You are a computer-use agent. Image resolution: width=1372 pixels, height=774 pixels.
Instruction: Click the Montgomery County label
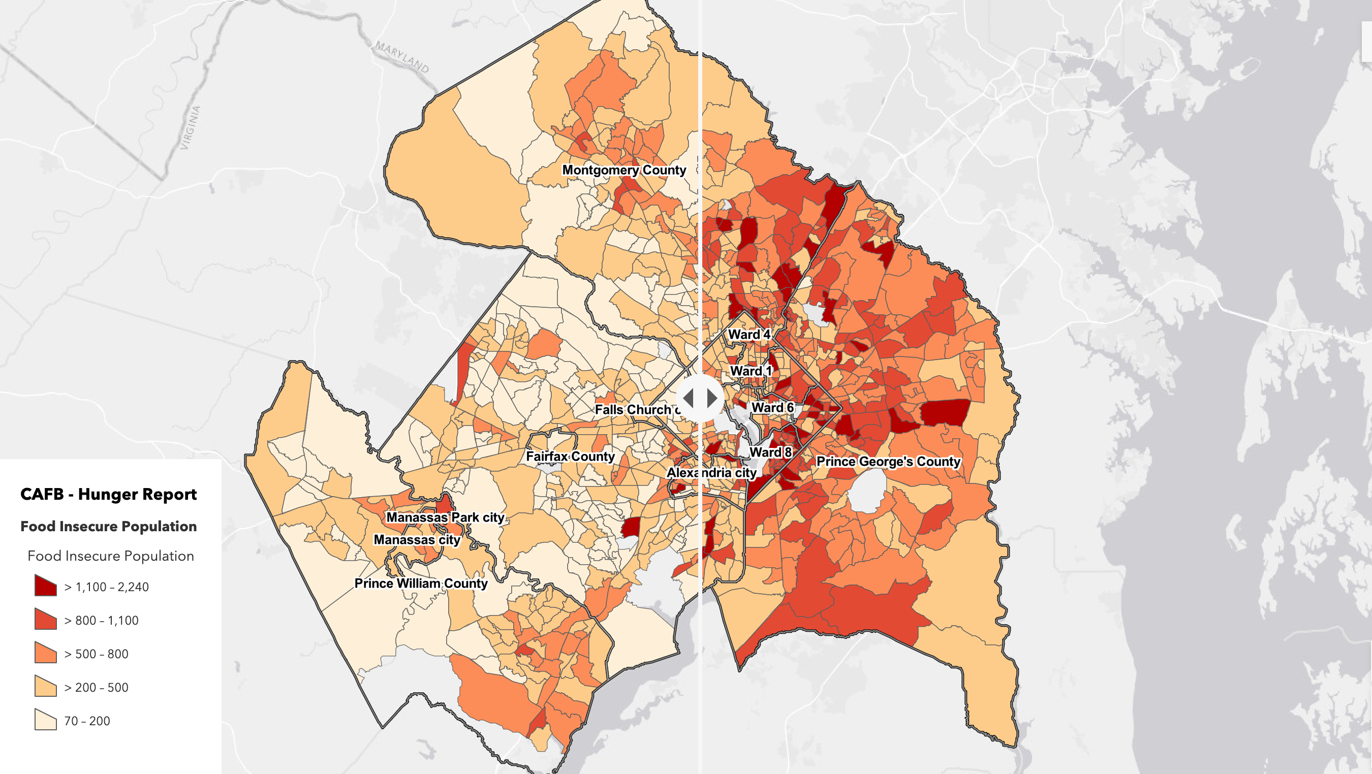[x=623, y=170]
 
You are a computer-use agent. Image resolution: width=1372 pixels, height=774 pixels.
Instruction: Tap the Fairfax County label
[x=570, y=456]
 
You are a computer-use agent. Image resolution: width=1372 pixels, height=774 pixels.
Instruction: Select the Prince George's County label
[x=888, y=462]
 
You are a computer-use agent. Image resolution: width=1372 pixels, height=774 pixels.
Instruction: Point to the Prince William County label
[x=421, y=584]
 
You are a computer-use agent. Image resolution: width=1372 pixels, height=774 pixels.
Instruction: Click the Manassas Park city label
[x=445, y=518]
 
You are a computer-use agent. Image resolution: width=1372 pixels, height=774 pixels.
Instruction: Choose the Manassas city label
[x=417, y=540]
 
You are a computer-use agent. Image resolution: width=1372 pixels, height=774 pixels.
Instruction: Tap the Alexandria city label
[x=711, y=473]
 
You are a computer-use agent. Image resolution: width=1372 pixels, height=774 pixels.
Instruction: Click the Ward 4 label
[x=749, y=334]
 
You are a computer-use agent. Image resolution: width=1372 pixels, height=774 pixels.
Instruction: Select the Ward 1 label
[x=750, y=371]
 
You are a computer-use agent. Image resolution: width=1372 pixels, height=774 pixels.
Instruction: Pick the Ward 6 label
[x=772, y=408]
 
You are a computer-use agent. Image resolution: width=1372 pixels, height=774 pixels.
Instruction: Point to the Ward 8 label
[x=770, y=453]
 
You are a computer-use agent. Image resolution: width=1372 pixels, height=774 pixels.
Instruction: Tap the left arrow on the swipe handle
[x=688, y=398]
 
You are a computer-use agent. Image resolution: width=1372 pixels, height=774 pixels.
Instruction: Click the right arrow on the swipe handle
[x=712, y=398]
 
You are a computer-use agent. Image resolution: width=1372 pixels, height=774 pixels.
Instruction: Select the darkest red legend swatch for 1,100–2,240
[x=46, y=586]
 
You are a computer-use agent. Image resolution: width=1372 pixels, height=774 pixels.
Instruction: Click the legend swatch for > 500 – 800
[x=46, y=653]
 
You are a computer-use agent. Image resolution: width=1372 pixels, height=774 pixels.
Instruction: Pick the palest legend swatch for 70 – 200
[x=46, y=720]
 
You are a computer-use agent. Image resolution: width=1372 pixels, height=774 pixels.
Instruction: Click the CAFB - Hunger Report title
[x=109, y=494]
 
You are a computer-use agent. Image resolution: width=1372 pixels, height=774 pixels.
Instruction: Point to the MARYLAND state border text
[x=402, y=56]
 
